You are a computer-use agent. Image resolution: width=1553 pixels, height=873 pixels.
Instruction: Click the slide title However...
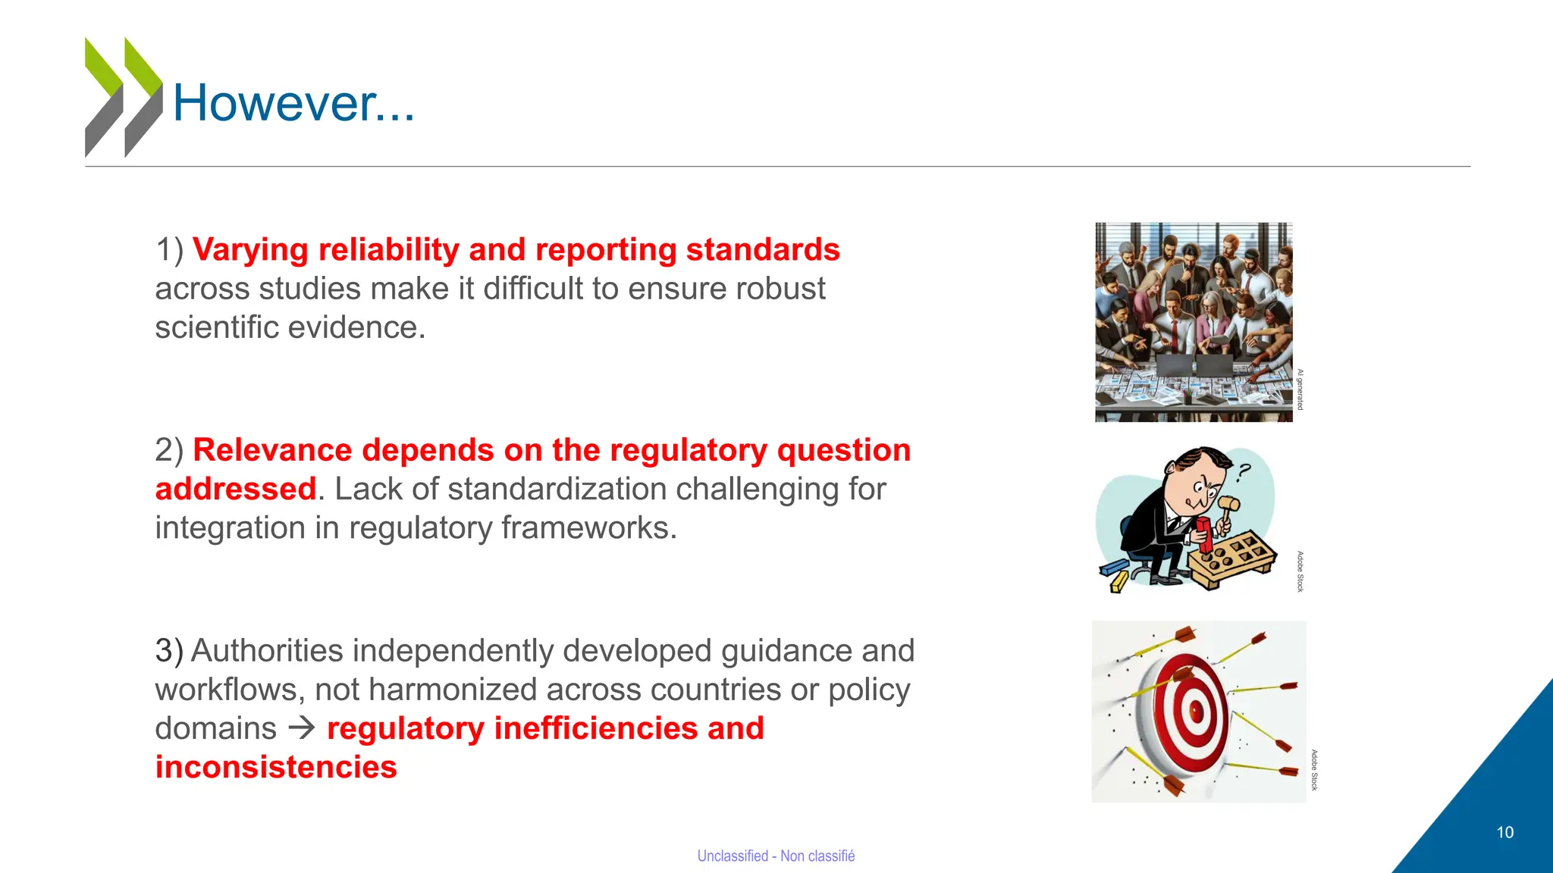(293, 103)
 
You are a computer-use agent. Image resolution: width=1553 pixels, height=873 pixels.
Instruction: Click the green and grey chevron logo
(123, 97)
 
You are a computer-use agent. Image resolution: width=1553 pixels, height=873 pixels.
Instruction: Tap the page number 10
(1504, 832)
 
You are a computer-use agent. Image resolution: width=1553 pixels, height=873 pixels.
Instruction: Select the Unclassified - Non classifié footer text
(776, 856)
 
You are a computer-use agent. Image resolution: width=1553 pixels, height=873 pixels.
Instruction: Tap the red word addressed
(235, 489)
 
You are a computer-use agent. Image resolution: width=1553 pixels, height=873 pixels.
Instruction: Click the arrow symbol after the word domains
(302, 728)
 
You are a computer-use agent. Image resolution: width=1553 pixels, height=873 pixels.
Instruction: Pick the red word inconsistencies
(276, 767)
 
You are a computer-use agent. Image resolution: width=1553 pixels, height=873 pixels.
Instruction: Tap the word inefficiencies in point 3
(595, 728)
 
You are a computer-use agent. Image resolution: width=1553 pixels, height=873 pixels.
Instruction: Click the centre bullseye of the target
(1196, 712)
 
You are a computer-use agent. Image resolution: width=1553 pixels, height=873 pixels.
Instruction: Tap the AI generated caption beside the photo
(1300, 390)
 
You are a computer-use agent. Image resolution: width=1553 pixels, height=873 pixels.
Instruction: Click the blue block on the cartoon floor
(1114, 567)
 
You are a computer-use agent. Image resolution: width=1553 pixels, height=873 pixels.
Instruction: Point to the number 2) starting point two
(169, 450)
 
